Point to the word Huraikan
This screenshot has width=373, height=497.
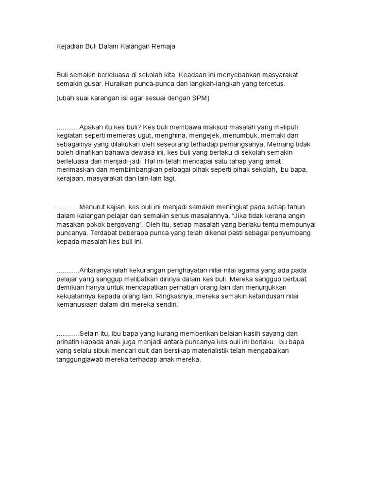click(x=123, y=83)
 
